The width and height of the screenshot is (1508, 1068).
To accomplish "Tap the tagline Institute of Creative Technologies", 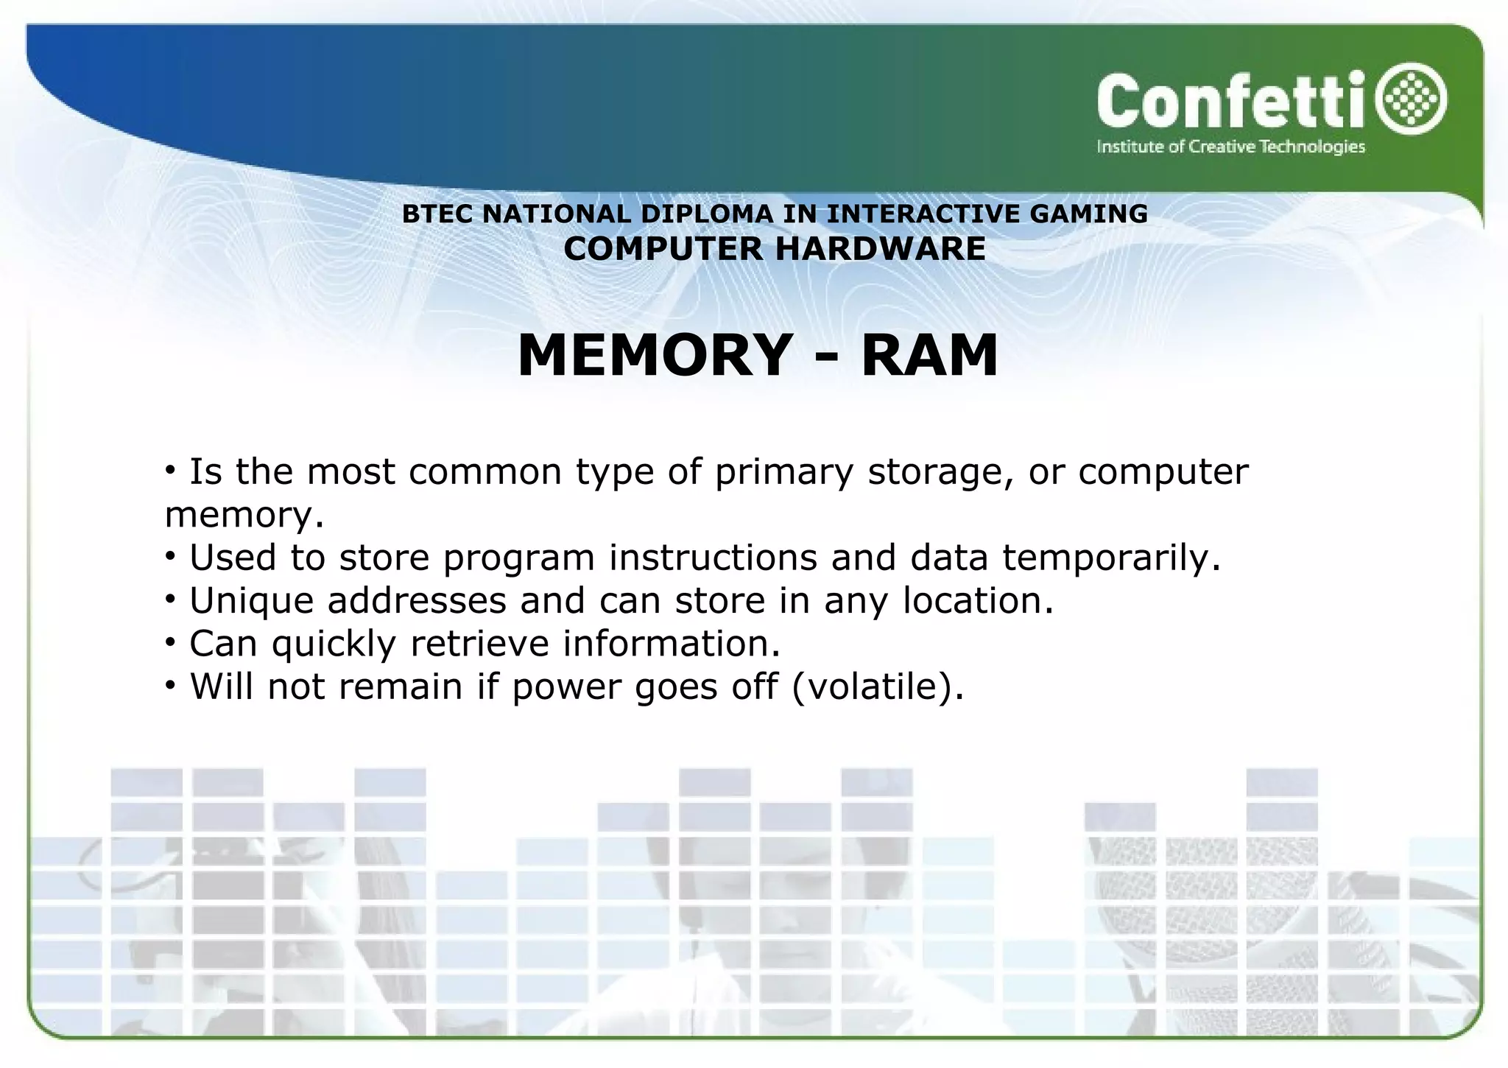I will click(x=1230, y=147).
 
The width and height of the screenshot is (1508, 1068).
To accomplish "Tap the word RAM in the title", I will click(x=929, y=356).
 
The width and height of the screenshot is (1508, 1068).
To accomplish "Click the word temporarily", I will click(x=1111, y=558).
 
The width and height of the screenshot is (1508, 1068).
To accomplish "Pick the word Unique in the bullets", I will click(x=252, y=601).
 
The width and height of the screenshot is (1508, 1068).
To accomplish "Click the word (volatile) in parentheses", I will click(x=877, y=686).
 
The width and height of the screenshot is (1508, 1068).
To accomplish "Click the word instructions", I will click(x=713, y=558).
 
